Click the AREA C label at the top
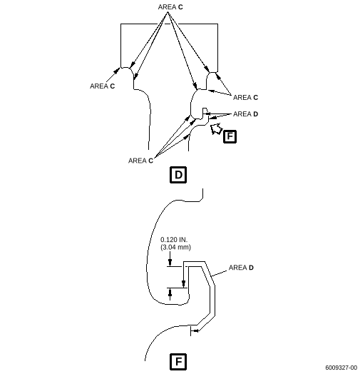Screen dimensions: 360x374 170,7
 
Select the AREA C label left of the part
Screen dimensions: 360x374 102,86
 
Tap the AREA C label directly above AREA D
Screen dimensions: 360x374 245,98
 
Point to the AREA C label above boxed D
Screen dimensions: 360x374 140,161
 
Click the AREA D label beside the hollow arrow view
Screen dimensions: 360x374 245,114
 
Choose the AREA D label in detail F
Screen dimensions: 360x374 241,268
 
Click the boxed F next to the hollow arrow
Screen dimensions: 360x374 230,136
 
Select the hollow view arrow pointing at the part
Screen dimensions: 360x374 216,128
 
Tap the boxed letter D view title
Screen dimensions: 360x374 178,175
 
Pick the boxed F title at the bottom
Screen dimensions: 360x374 178,362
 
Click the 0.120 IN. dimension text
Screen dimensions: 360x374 174,240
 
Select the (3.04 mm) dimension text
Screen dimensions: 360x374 175,248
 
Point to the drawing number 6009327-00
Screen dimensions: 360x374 341,368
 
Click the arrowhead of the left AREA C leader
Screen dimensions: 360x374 117,71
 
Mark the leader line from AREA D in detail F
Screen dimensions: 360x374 219,273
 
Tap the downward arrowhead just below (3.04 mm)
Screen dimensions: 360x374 170,263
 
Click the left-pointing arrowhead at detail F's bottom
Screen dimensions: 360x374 195,331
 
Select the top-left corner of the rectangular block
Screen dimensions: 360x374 120,24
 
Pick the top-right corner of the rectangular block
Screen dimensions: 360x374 217,24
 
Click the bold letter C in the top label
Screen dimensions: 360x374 180,7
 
